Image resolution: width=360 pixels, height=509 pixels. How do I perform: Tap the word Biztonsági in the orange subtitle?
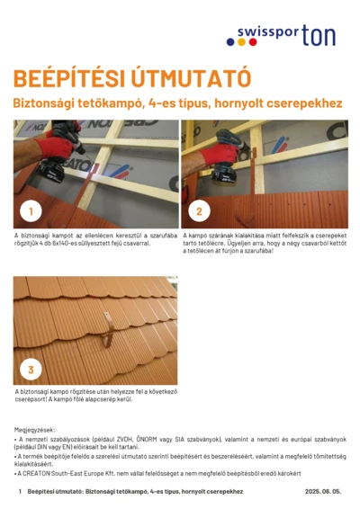coord(44,104)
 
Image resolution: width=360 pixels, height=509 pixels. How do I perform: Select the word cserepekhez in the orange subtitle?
coord(307,104)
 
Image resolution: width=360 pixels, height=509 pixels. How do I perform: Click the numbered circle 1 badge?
coord(31,211)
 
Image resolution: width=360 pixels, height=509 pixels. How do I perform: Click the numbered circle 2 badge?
coord(198,211)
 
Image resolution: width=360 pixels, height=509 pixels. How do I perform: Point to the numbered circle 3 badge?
coord(31,369)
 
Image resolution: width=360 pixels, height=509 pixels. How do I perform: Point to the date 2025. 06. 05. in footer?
coord(322,492)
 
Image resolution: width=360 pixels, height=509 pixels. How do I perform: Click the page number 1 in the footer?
coord(19,492)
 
